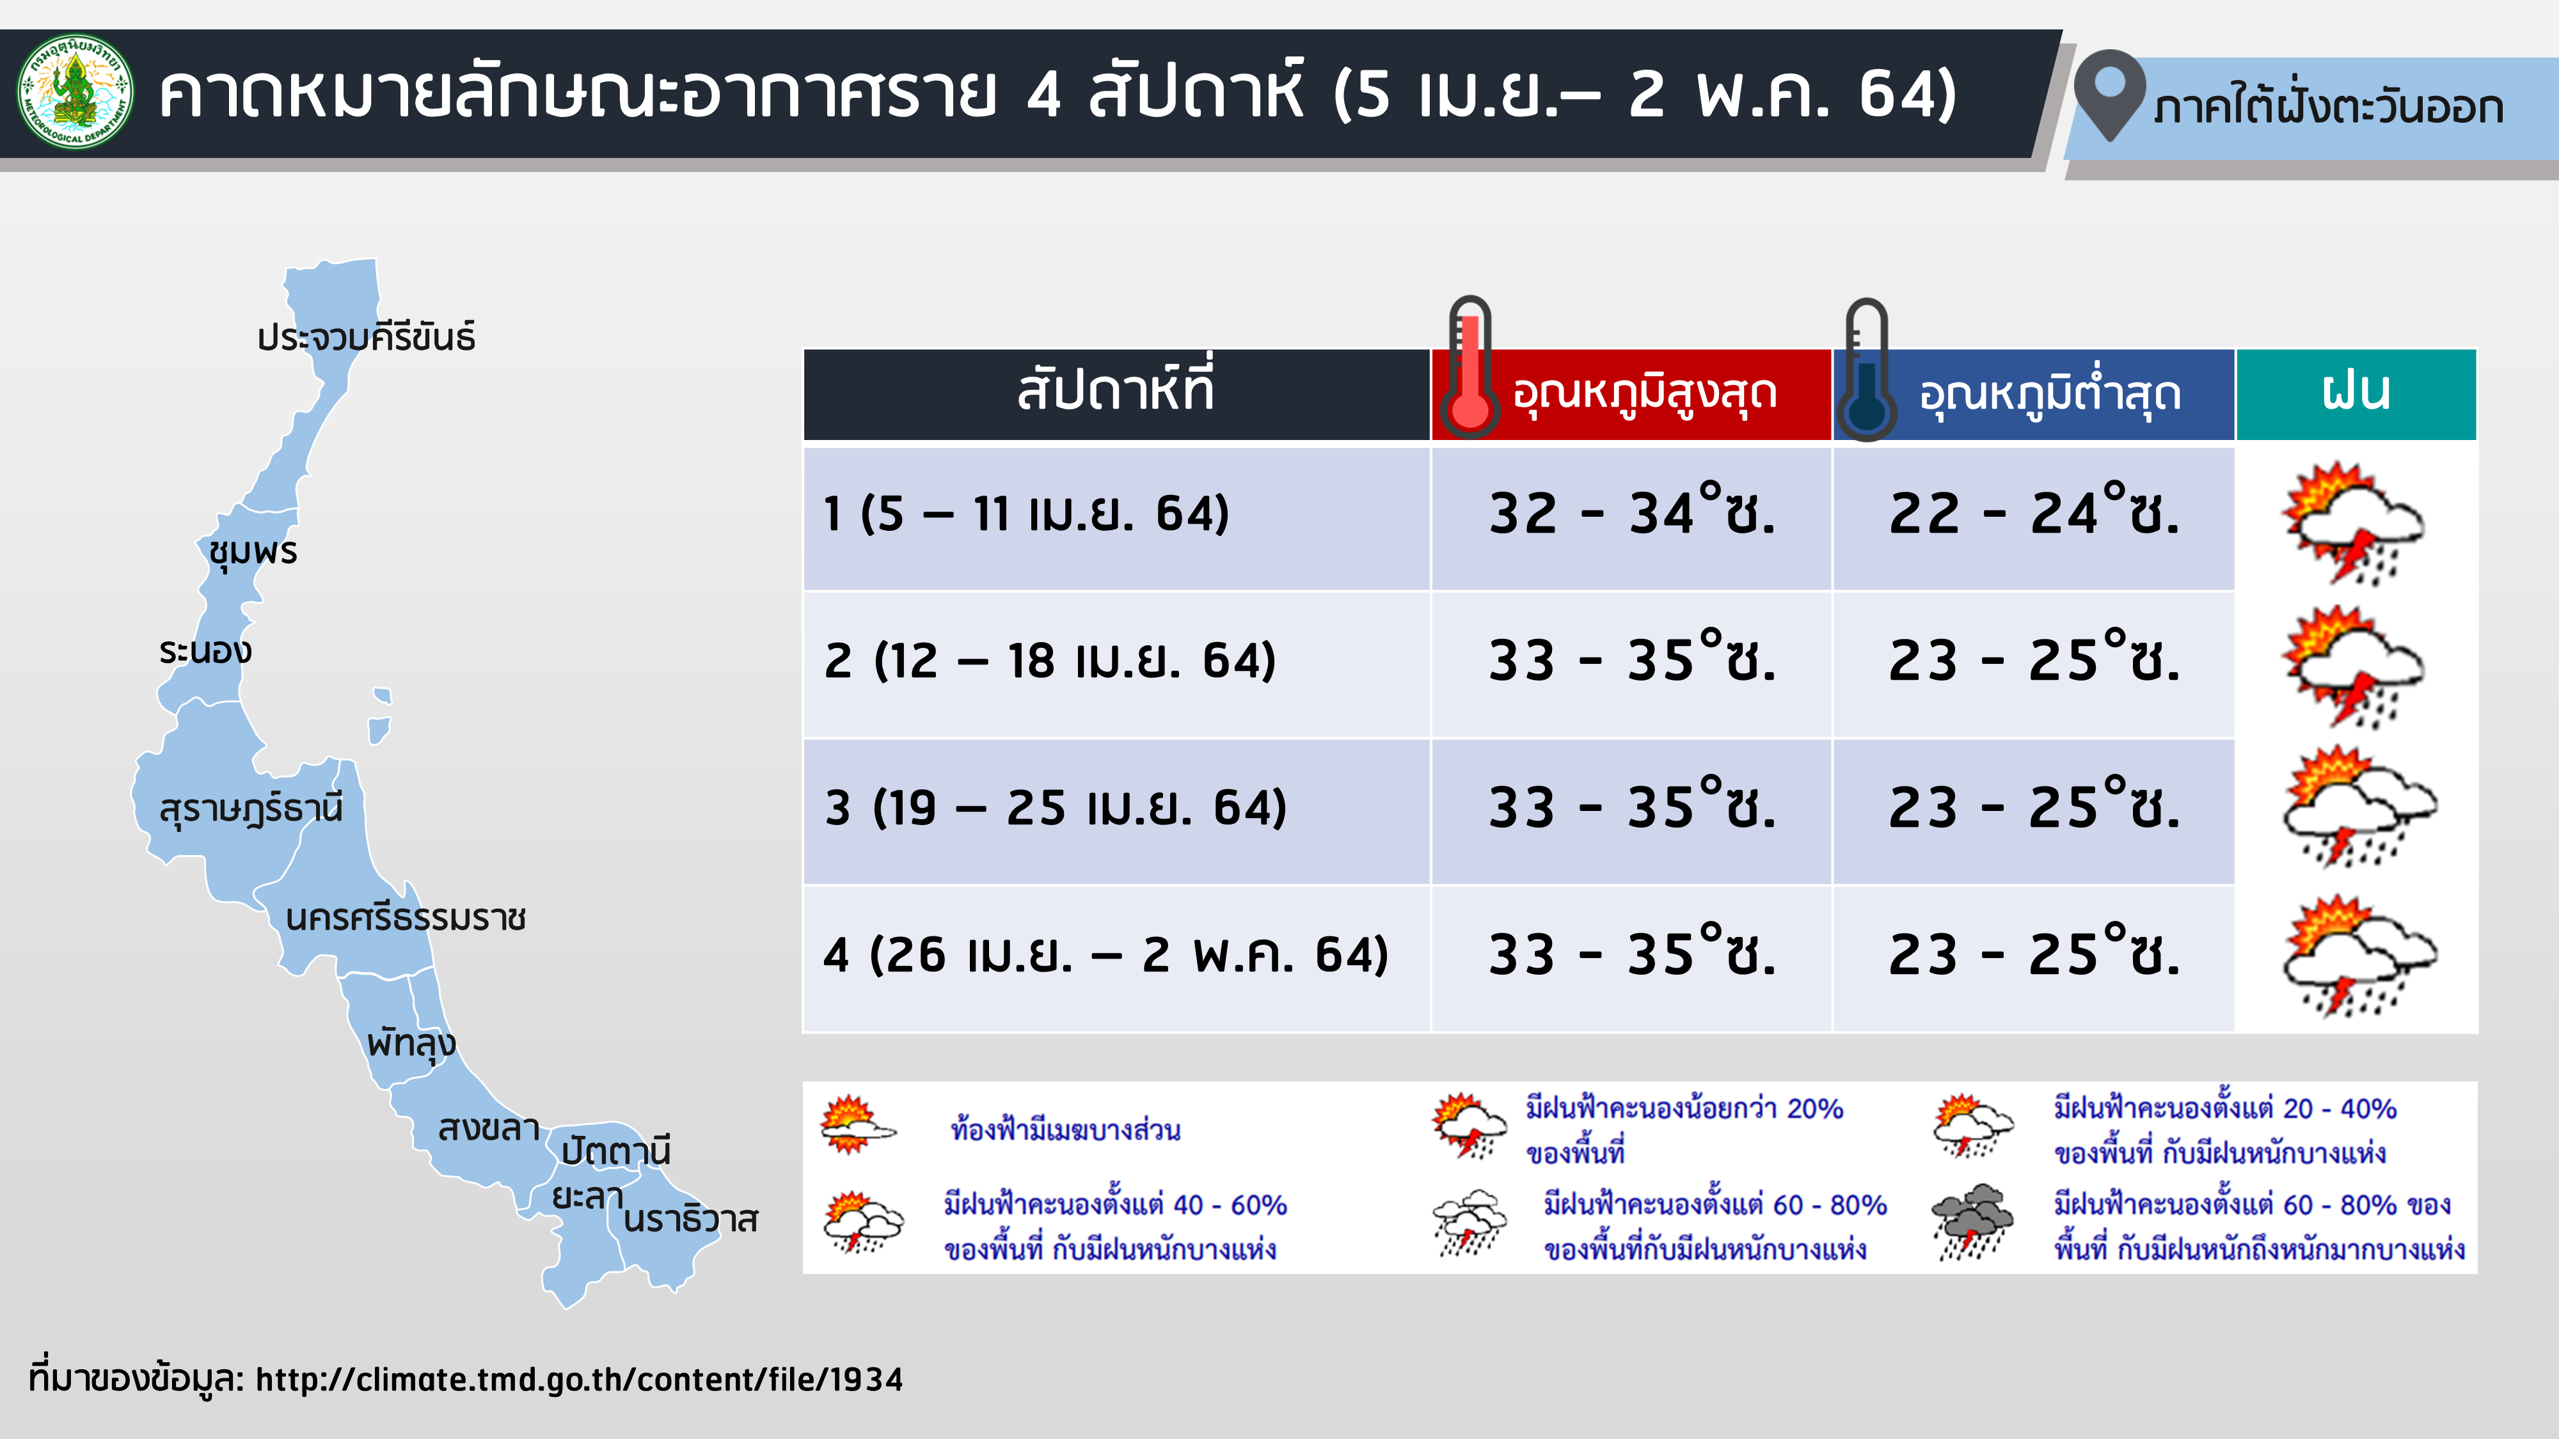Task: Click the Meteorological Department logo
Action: coord(75,92)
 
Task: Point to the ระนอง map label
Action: coord(205,652)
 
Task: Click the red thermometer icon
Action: coord(1470,368)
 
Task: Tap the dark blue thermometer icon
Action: coord(1867,370)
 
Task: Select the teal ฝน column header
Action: coord(2356,394)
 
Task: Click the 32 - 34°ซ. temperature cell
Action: coord(1631,514)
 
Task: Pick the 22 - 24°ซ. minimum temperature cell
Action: coord(2034,514)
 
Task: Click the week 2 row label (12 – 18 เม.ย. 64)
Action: coord(1050,661)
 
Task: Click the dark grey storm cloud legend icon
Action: coord(1972,1222)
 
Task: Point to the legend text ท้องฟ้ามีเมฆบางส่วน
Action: coord(1065,1130)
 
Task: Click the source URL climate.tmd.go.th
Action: coord(579,1380)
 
